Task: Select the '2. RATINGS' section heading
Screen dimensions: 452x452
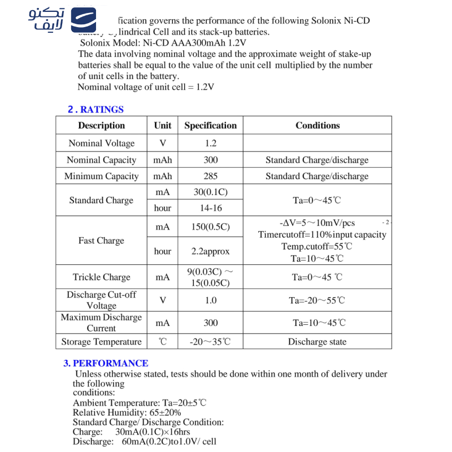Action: pyautogui.click(x=95, y=109)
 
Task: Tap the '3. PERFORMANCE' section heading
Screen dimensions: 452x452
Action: pyautogui.click(x=106, y=363)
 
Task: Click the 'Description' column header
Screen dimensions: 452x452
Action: pyautogui.click(x=101, y=125)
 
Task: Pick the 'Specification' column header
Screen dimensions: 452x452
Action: pyautogui.click(x=210, y=125)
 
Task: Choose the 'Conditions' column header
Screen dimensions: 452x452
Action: pyautogui.click(x=318, y=125)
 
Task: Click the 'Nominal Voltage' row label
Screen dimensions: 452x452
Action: pyautogui.click(x=102, y=144)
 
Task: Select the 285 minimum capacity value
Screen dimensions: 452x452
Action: pyautogui.click(x=210, y=176)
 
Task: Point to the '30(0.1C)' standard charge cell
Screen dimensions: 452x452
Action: pyautogui.click(x=210, y=192)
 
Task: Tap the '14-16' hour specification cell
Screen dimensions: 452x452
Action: pyautogui.click(x=210, y=208)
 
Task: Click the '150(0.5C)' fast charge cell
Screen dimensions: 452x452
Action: pyautogui.click(x=210, y=227)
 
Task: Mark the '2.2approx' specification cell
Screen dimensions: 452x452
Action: pyautogui.click(x=210, y=251)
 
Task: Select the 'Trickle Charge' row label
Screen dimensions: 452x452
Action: pyautogui.click(x=102, y=277)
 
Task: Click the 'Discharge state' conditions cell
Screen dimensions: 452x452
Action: pyautogui.click(x=317, y=342)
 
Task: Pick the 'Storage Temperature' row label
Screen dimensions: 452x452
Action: pyautogui.click(x=102, y=342)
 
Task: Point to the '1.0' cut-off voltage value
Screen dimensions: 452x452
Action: pyautogui.click(x=210, y=301)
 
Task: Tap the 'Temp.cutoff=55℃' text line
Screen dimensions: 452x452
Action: pyautogui.click(x=316, y=246)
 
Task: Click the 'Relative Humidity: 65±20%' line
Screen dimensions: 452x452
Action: pyautogui.click(x=127, y=412)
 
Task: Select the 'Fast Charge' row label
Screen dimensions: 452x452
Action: pyautogui.click(x=101, y=241)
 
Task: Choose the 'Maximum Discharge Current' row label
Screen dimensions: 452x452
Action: pyautogui.click(x=102, y=323)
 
